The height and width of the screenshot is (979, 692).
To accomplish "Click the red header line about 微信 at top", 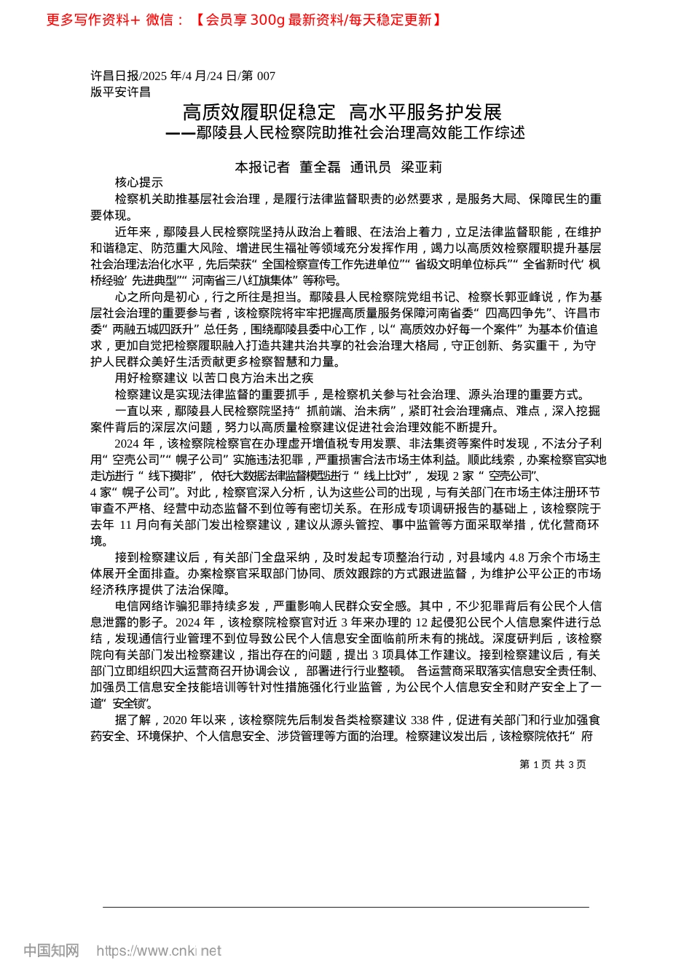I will (244, 20).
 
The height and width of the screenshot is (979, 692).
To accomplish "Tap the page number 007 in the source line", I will (266, 76).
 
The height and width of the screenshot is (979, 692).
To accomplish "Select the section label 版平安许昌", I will (120, 92).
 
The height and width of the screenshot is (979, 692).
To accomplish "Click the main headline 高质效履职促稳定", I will (259, 112).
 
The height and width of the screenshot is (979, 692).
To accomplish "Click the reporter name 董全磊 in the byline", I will (321, 168).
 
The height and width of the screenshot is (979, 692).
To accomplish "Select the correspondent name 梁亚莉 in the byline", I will (422, 168).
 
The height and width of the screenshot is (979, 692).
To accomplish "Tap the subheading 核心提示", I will (139, 183).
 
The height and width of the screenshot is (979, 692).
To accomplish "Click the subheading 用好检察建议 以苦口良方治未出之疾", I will (214, 378).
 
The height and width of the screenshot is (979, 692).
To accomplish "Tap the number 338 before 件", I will (419, 720).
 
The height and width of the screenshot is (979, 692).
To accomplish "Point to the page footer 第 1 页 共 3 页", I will (552, 764).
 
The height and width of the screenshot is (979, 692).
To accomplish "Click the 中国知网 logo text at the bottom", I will (51, 951).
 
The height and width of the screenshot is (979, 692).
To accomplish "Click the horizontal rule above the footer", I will (346, 907).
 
